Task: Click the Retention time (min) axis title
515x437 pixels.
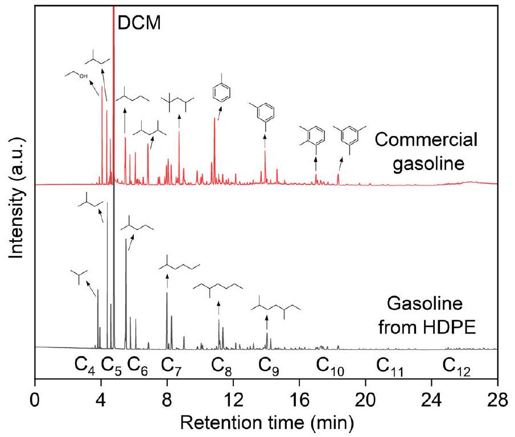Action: tap(266, 422)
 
